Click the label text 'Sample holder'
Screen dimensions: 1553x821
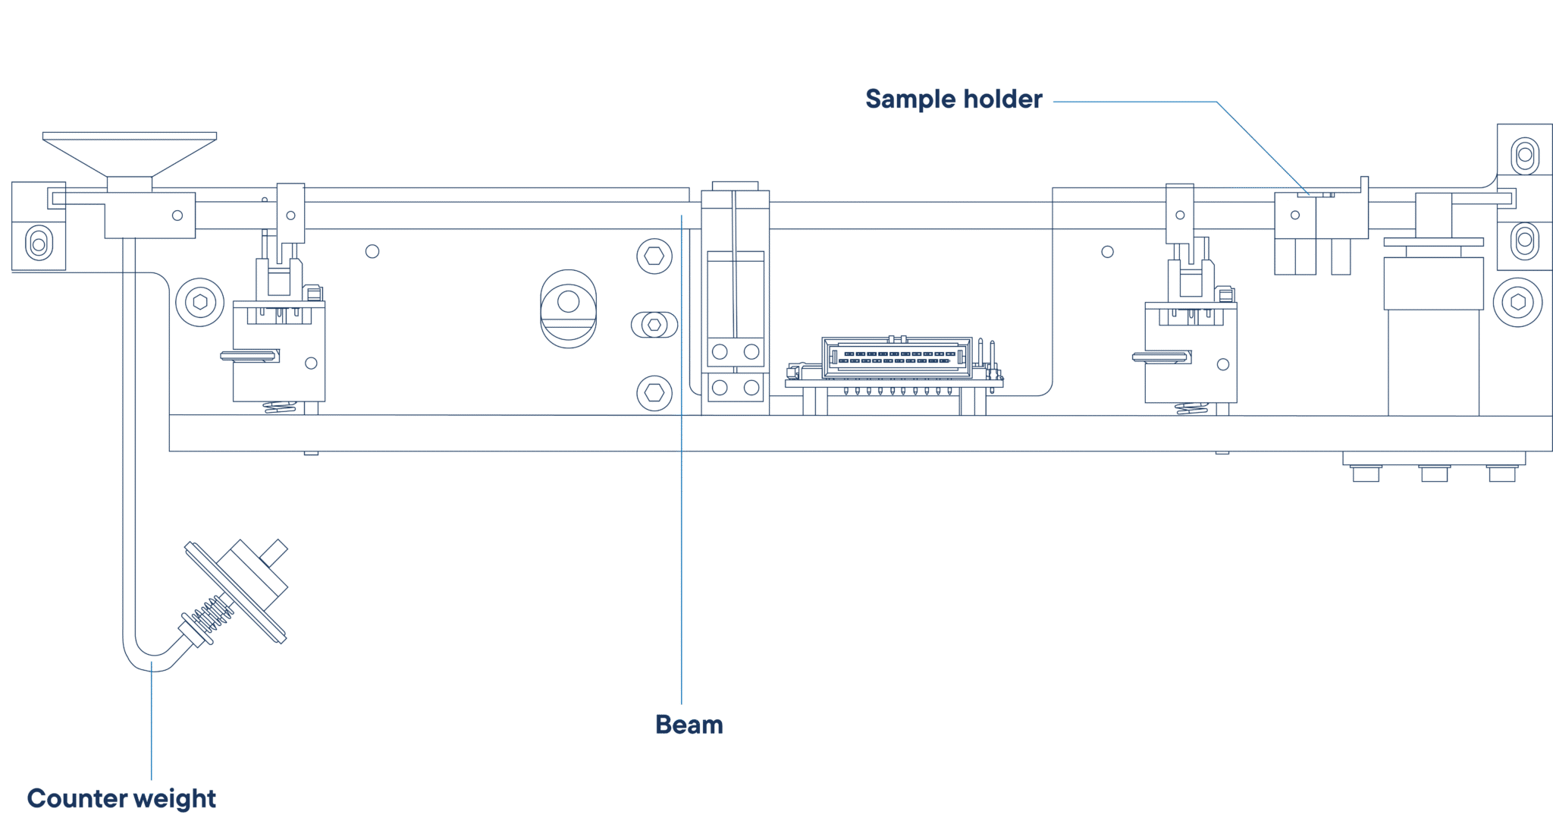(x=953, y=99)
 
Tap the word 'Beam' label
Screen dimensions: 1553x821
(x=689, y=725)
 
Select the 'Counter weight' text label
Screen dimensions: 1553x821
(x=121, y=798)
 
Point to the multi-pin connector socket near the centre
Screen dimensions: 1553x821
(x=896, y=357)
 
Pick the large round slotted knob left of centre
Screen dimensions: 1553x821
(x=569, y=309)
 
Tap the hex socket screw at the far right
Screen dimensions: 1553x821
(x=1517, y=302)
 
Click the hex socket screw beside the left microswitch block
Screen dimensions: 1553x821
(x=200, y=302)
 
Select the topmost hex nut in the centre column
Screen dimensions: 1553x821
(x=654, y=256)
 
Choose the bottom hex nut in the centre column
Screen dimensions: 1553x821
(x=654, y=393)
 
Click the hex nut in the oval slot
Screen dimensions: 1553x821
(x=654, y=325)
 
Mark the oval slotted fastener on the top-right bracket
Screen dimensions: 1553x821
(x=1525, y=156)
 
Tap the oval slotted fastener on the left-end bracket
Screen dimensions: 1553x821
(x=39, y=244)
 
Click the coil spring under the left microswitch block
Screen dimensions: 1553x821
(x=280, y=407)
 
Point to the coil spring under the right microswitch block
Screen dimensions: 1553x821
(x=1192, y=408)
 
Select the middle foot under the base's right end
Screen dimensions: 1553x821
(x=1434, y=473)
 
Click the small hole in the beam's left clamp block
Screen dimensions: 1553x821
(x=177, y=215)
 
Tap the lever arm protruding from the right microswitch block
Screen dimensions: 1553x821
(x=1160, y=357)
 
